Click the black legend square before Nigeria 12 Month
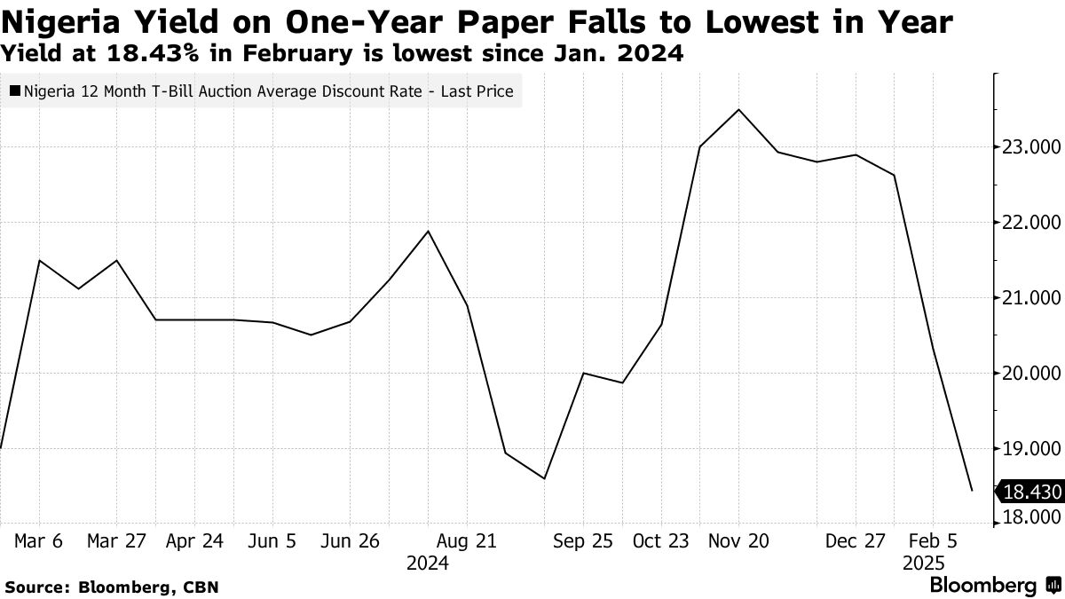15,91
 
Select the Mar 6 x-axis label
39,540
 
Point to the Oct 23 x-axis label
661,540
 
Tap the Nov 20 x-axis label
738,540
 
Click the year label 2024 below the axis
428,563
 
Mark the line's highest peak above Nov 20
739,110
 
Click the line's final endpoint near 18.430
973,490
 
